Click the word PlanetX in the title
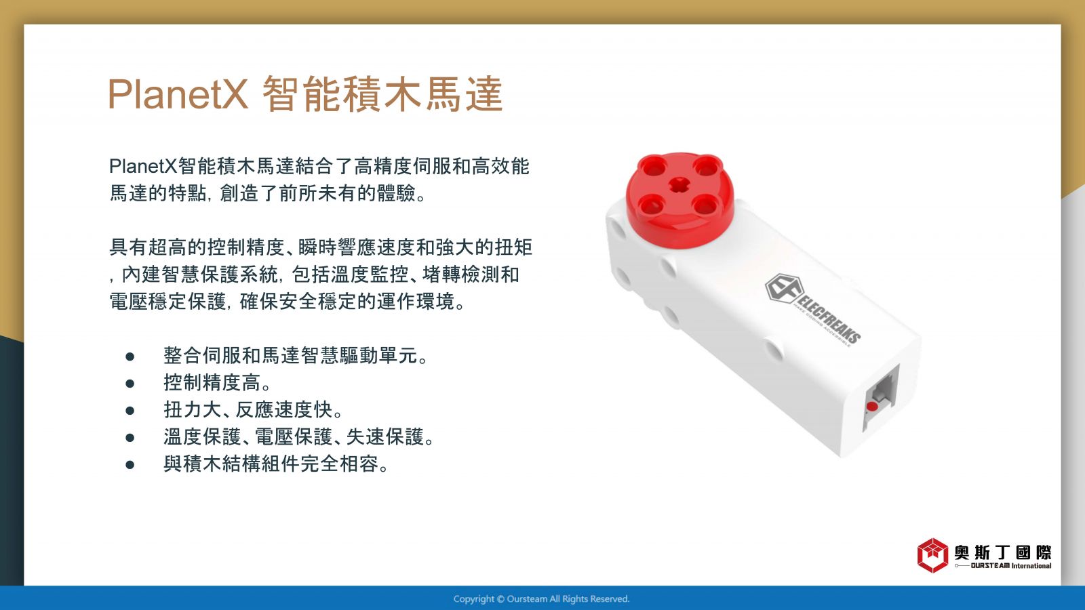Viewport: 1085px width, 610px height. (177, 94)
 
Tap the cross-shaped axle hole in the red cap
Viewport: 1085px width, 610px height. (679, 184)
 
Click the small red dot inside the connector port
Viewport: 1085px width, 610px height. (872, 406)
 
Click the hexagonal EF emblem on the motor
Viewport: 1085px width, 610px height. (783, 289)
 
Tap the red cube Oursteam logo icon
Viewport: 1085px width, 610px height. (932, 555)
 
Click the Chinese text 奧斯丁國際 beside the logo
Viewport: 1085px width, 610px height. (1003, 552)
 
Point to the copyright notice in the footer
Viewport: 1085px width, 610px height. (541, 599)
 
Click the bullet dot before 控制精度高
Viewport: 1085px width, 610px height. (130, 384)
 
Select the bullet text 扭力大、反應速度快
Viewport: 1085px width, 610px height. (253, 410)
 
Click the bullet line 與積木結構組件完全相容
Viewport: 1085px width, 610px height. (276, 464)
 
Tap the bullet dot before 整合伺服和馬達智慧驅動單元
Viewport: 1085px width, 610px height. (130, 357)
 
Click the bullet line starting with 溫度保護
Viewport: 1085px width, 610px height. (298, 437)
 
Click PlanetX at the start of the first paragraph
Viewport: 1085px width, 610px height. (143, 166)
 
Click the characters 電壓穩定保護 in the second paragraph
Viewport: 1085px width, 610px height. (167, 302)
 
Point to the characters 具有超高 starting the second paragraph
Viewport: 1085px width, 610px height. (148, 247)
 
